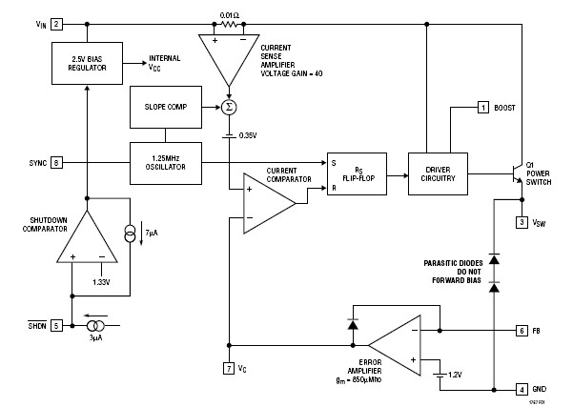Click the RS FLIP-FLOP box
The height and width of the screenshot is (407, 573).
358,173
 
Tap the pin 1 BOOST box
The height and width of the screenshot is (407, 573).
483,108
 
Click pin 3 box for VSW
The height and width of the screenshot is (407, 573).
522,222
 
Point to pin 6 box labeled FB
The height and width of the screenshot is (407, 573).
522,330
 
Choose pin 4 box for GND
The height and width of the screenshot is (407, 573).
522,389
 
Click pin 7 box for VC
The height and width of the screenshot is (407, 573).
229,367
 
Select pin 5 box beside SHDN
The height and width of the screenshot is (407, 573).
57,324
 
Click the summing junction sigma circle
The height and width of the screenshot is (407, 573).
229,107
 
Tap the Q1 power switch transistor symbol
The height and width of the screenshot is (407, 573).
516,173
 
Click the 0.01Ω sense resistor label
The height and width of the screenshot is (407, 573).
229,15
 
